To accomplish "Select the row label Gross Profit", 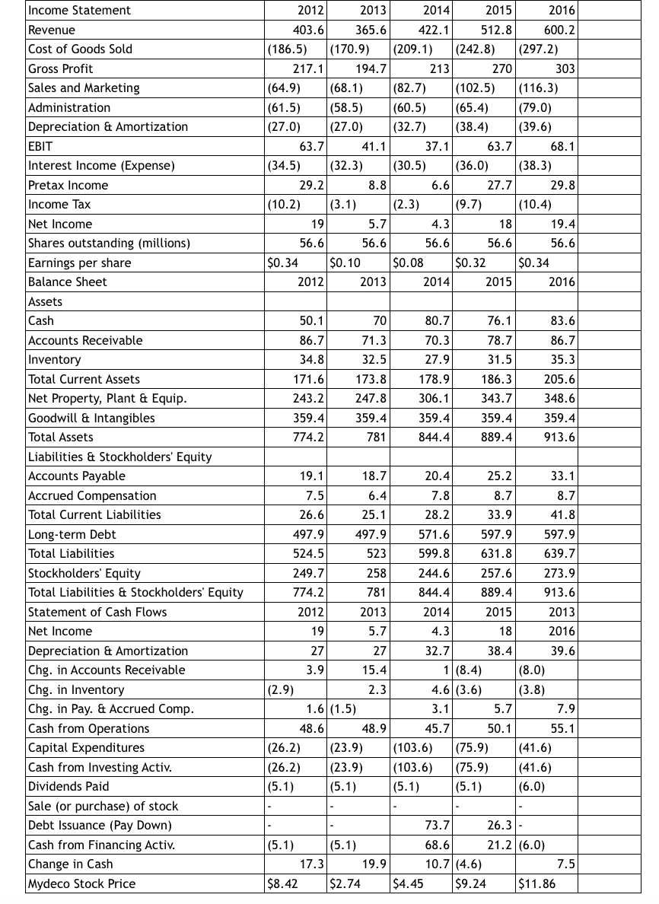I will click(61, 68).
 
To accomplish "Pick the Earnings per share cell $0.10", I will click(345, 263).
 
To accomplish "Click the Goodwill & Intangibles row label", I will click(91, 418).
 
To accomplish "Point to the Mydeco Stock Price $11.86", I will click(536, 883).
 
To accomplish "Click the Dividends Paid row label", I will click(68, 786).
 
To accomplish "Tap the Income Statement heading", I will click(79, 10).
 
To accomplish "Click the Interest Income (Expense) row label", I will click(101, 165).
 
